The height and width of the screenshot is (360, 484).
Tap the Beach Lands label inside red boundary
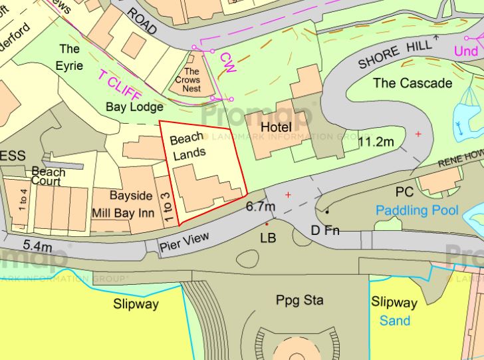tap(187, 146)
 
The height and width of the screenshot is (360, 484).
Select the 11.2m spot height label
tap(376, 142)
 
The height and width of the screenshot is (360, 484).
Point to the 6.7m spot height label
tap(260, 207)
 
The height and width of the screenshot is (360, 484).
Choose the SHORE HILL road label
tap(395, 55)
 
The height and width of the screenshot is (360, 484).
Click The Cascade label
tap(412, 83)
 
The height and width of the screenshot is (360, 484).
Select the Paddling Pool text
tap(417, 210)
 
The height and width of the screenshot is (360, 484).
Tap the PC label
tap(404, 192)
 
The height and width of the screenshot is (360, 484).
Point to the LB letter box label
tap(268, 237)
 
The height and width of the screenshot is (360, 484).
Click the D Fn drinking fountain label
tap(326, 231)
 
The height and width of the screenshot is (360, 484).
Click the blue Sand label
tap(395, 321)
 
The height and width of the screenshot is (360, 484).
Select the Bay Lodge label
tap(134, 106)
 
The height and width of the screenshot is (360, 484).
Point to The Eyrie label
tap(70, 57)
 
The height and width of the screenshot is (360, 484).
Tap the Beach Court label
tap(49, 176)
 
